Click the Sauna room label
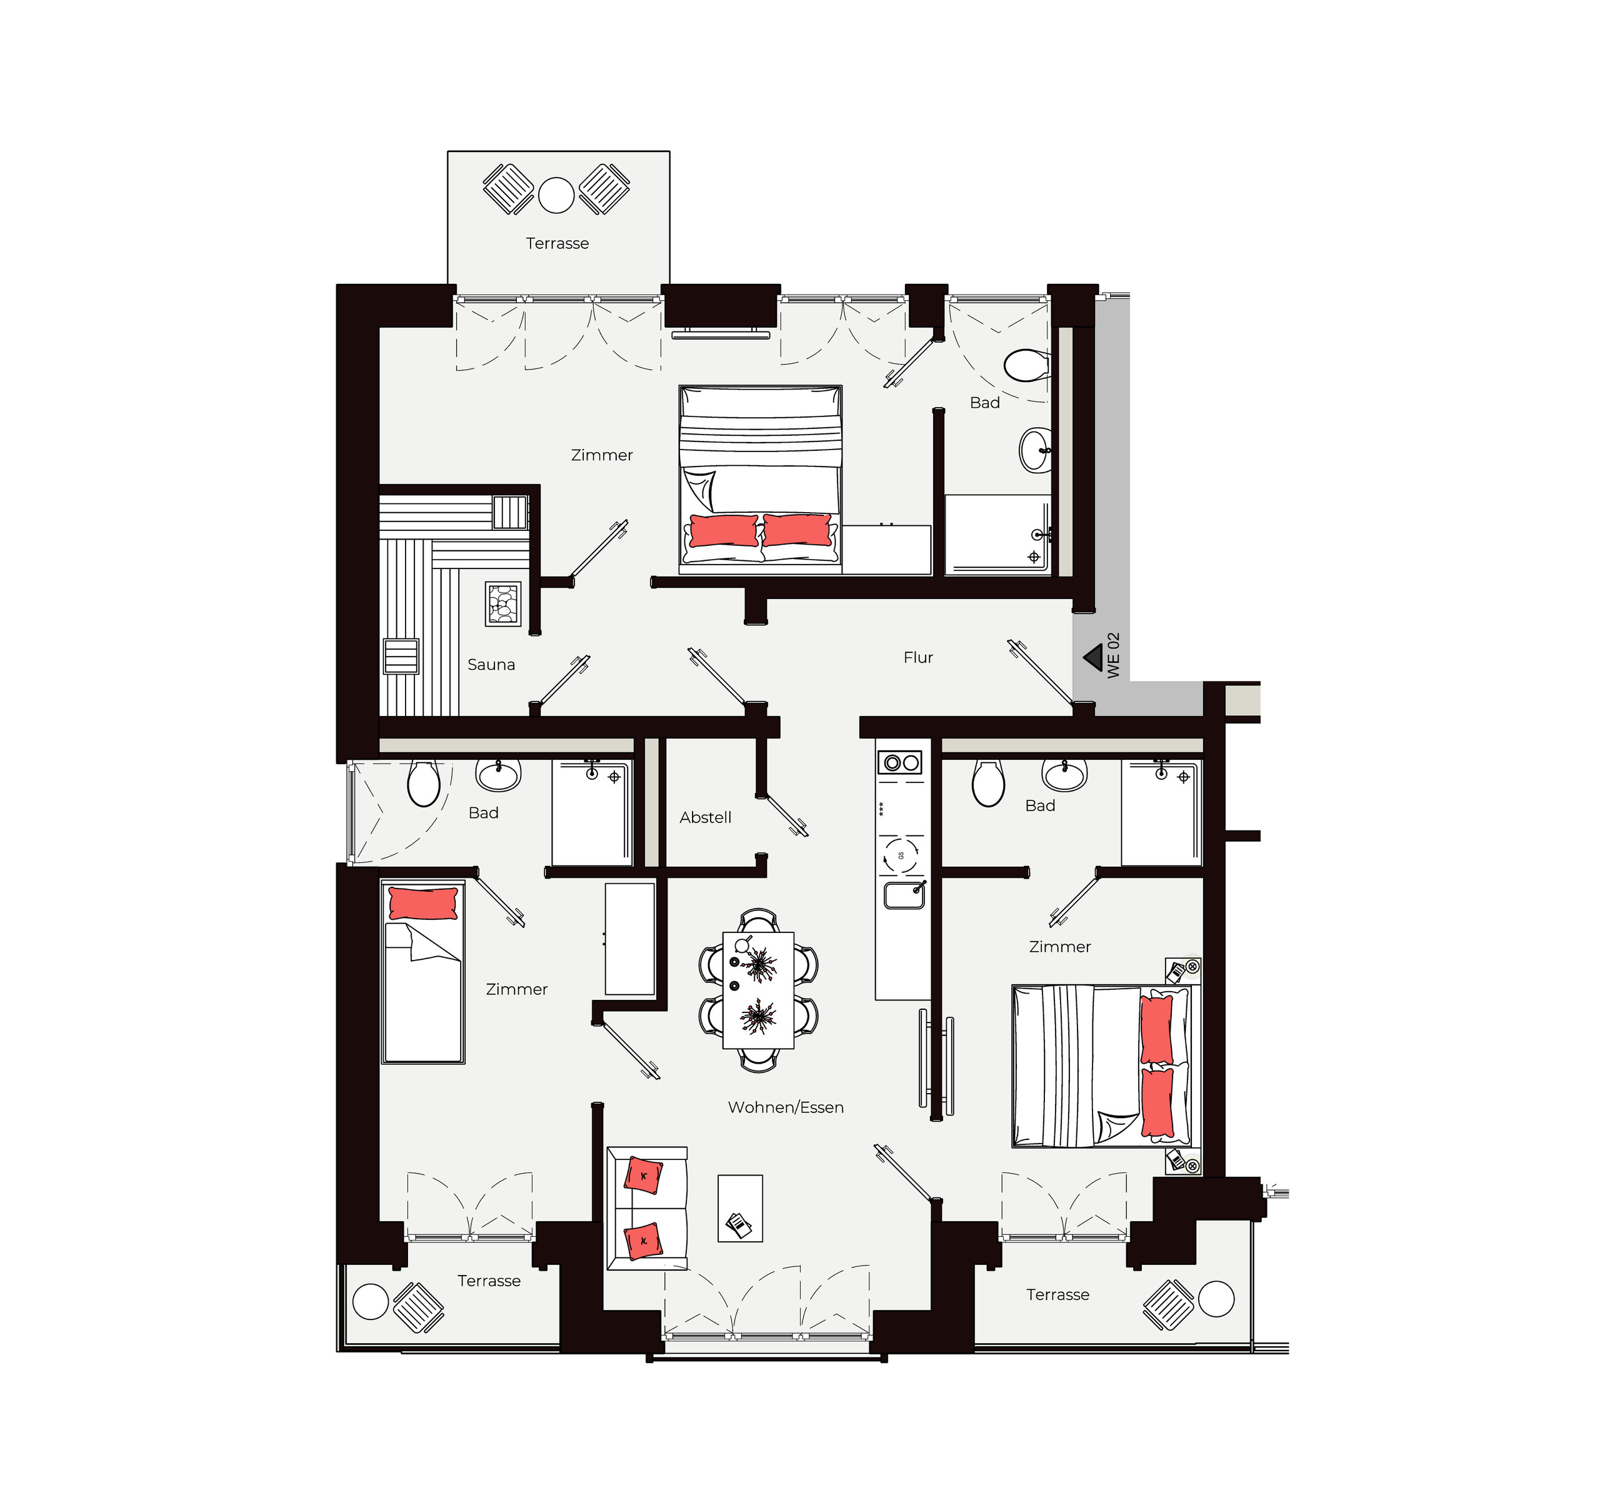[491, 665]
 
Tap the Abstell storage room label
[705, 817]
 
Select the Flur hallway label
[917, 658]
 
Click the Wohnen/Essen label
[786, 1107]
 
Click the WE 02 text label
[1113, 655]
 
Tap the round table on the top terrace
[556, 195]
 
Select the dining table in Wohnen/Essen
[758, 990]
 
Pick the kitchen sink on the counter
[904, 895]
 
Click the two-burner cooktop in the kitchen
[900, 762]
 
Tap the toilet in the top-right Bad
[1026, 365]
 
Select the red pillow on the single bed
[423, 904]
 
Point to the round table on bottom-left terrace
[371, 1302]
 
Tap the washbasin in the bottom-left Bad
[498, 775]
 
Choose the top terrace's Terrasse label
[557, 243]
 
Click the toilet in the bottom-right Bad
[989, 783]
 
